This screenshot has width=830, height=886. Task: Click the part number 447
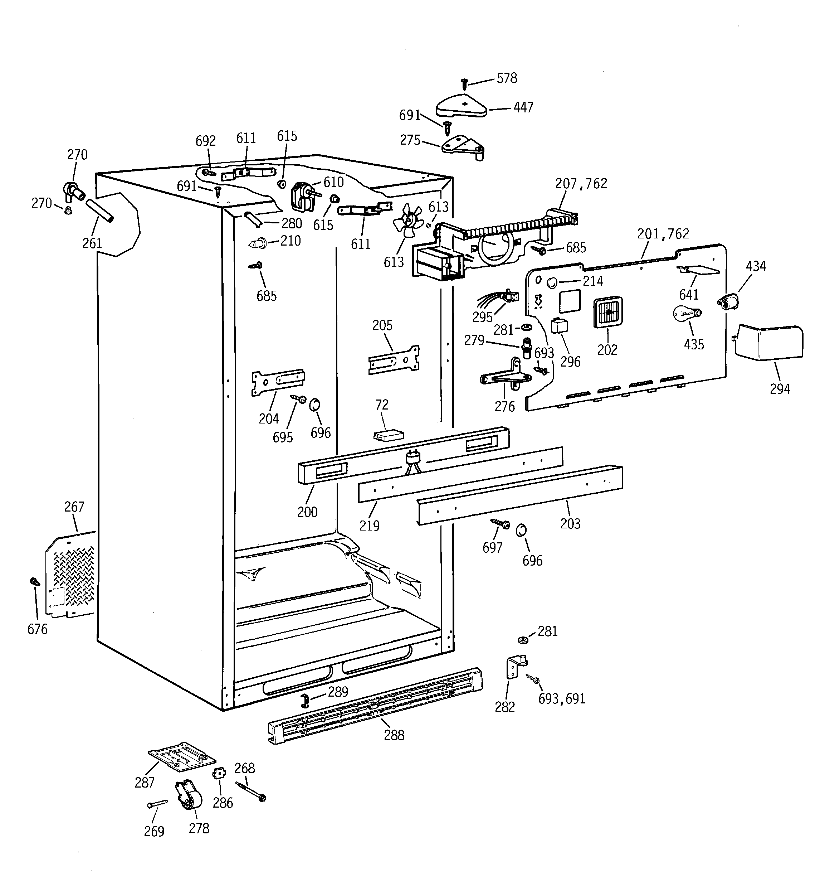pos(523,108)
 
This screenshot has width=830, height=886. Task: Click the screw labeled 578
pos(464,83)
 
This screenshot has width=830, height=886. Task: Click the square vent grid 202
pos(608,312)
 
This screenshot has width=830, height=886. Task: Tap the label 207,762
pos(581,184)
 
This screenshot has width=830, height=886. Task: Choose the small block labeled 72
pos(389,435)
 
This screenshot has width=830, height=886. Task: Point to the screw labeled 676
pos(34,582)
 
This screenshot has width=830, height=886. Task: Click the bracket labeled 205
pos(394,359)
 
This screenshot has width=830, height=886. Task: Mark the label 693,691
pos(561,699)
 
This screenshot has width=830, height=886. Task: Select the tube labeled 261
pos(100,210)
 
